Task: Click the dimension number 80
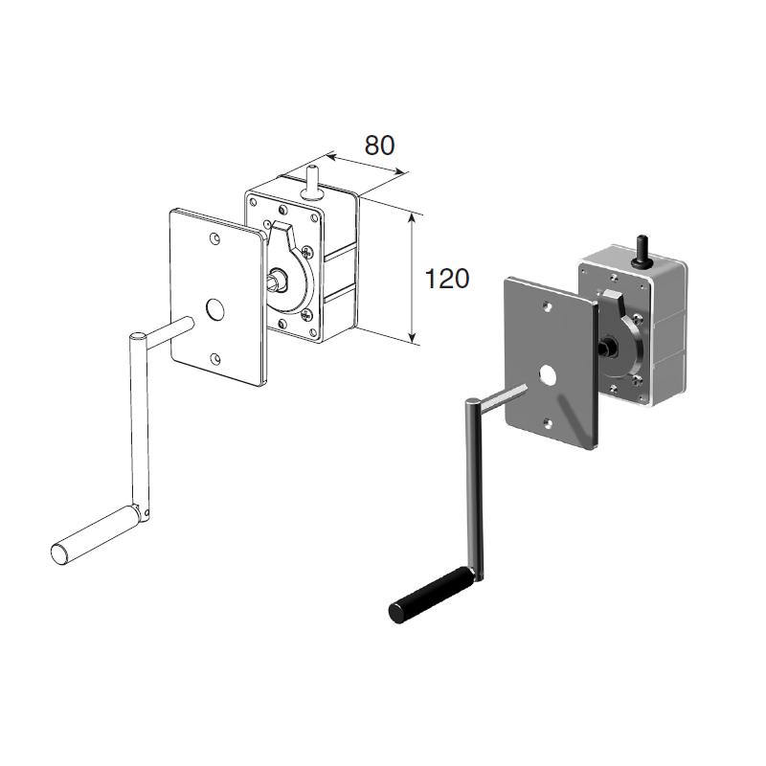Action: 379,146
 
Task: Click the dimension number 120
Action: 447,279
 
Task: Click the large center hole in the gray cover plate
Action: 548,375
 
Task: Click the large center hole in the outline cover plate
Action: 214,309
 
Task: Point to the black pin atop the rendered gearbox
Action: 641,251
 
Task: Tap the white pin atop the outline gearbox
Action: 310,183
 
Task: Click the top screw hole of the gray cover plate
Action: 548,306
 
